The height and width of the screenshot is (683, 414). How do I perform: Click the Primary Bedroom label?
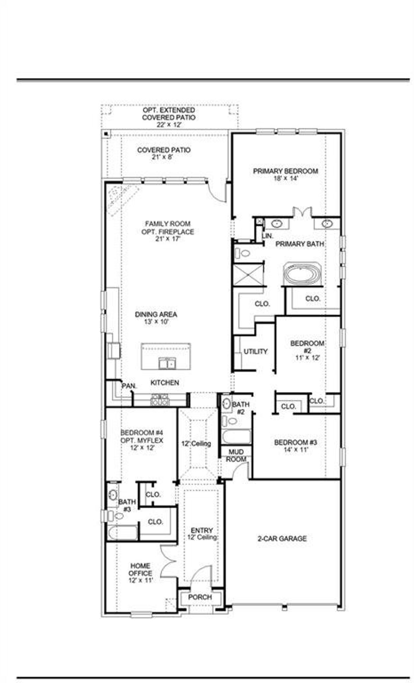point(285,171)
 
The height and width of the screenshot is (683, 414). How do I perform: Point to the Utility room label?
point(256,352)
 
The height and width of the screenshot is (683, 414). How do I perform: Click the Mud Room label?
point(236,455)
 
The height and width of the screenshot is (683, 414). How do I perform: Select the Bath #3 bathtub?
point(123,533)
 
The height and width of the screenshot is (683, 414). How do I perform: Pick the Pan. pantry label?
point(129,386)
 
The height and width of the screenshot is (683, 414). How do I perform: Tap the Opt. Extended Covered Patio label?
point(169,118)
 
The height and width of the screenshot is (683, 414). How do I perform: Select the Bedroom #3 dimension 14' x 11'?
point(295,450)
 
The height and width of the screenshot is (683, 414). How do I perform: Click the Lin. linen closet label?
point(268,236)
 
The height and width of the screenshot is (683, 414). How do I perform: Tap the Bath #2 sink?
point(226,403)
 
